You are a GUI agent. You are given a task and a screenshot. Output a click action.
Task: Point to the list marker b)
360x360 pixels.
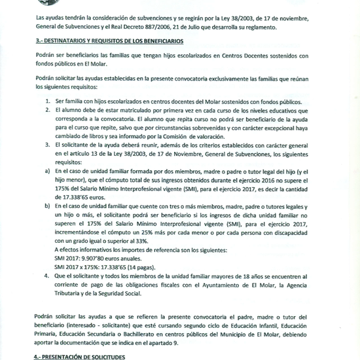[x=39, y=206]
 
